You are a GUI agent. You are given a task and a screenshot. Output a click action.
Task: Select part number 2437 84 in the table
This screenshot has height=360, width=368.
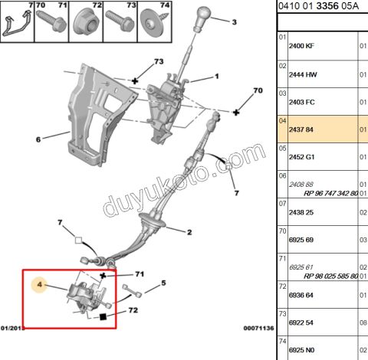[x=300, y=130]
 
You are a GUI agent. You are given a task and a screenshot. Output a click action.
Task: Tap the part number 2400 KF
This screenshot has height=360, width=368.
[x=301, y=46]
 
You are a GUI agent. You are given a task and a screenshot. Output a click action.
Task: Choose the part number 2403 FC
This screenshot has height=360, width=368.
[x=301, y=102]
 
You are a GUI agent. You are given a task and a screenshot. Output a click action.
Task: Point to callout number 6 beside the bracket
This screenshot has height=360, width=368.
[x=38, y=139]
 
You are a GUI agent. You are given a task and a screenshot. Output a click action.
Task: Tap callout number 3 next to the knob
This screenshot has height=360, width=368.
[x=235, y=21]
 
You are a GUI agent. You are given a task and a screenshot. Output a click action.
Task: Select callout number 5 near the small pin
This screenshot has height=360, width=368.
[x=163, y=284]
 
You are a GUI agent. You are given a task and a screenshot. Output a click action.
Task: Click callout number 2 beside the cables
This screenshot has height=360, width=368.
[x=189, y=231]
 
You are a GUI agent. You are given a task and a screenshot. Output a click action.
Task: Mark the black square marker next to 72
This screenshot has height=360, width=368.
[x=101, y=315]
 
